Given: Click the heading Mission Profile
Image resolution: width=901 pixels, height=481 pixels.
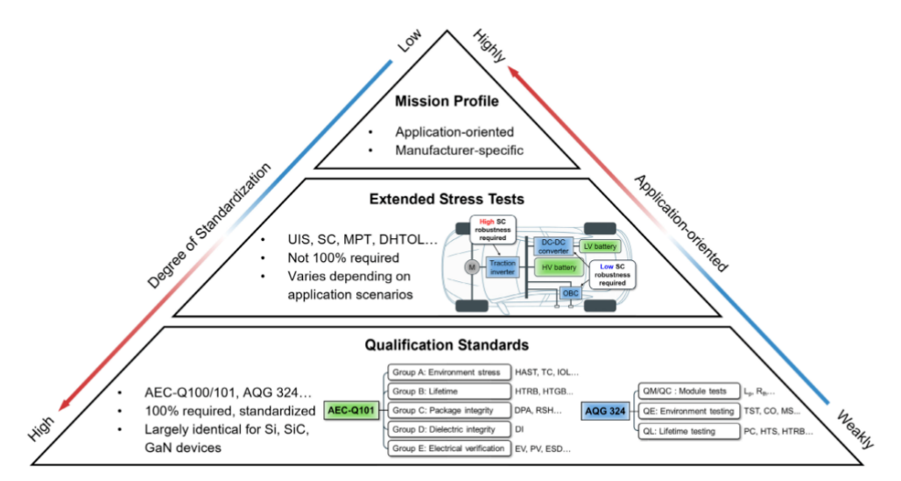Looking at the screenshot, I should point(447,101).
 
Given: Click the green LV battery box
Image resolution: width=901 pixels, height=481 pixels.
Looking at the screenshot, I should point(600,246).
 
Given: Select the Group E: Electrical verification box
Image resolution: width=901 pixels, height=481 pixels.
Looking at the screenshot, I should point(447,448).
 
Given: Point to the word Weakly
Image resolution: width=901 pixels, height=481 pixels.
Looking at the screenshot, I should point(849,428).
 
